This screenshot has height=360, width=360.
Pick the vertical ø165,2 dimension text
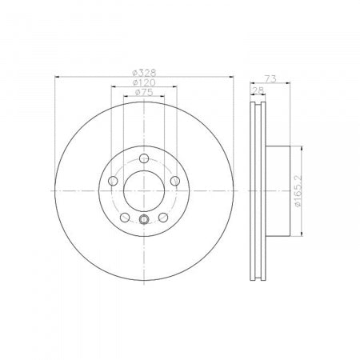click(x=297, y=192)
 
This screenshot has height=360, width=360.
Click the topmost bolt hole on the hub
click(x=144, y=158)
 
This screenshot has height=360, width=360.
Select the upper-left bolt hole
click(x=113, y=181)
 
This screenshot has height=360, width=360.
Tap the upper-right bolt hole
click(x=175, y=181)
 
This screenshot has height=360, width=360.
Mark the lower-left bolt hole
click(x=125, y=217)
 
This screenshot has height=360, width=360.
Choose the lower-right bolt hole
click(x=163, y=217)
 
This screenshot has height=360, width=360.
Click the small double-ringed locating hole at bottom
click(x=144, y=222)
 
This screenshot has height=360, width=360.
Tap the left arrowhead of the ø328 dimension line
click(x=58, y=78)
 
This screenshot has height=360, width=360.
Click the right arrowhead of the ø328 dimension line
click(x=230, y=78)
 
